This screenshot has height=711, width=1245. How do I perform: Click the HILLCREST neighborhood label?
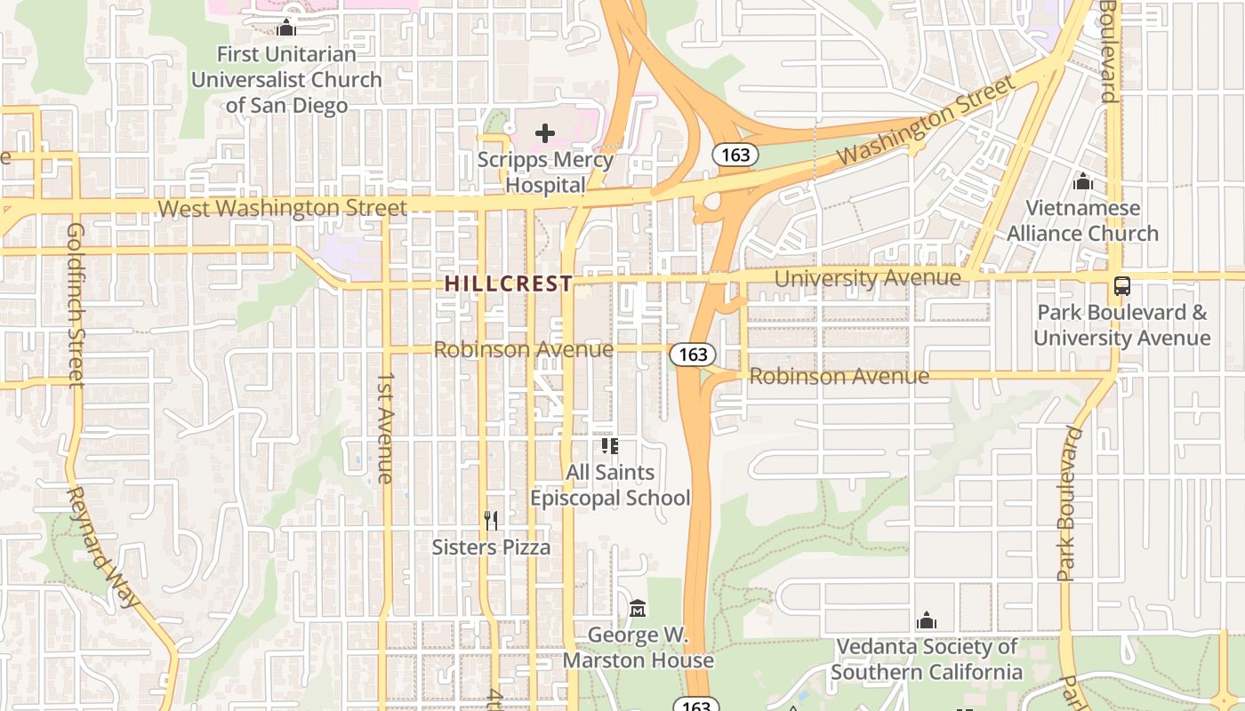508,284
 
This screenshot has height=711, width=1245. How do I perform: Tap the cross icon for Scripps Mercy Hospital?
545,133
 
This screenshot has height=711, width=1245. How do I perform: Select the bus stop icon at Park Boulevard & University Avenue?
1122,286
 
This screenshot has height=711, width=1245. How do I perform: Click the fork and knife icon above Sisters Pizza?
490,520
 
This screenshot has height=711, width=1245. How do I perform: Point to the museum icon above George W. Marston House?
638,609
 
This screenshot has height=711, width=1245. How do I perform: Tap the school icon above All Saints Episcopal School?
610,445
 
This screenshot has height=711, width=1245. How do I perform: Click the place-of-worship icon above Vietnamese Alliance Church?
1082,181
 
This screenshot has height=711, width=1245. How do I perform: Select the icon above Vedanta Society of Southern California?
927,619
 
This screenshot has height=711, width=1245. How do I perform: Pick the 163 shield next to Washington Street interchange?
735,155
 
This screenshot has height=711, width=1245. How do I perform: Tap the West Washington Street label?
282,208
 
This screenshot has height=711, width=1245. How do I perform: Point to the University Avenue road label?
867,278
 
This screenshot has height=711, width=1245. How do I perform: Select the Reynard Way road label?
104,547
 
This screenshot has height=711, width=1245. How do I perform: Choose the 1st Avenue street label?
384,427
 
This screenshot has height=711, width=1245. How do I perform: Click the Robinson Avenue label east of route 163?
839,376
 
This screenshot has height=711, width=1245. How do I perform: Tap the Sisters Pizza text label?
491,547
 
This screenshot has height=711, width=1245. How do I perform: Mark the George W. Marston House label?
638,648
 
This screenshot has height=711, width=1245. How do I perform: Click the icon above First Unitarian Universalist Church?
286,28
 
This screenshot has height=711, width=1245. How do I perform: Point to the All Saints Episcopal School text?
610,485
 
